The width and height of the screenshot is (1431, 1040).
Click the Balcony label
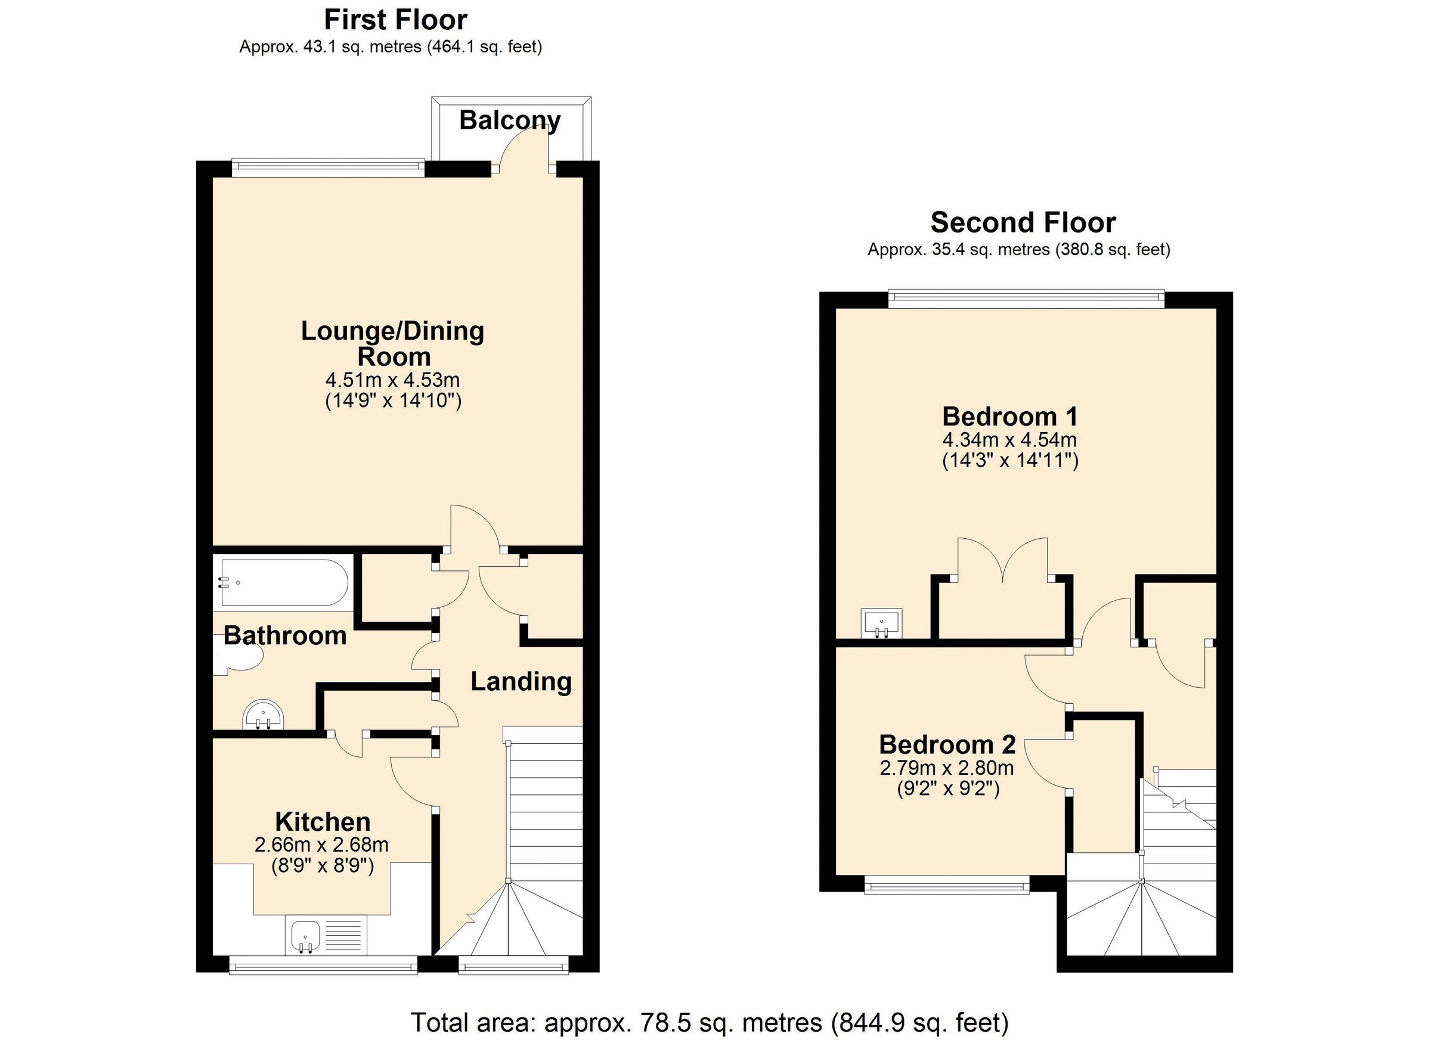[509, 120]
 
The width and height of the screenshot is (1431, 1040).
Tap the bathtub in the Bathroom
[281, 582]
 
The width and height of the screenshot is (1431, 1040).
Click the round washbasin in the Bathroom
[263, 715]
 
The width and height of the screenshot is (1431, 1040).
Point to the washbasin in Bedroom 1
[881, 623]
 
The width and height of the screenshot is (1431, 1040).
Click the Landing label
[521, 682]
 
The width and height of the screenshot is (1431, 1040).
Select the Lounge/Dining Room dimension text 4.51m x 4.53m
[392, 380]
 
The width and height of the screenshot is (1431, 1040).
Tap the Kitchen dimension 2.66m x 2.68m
[321, 845]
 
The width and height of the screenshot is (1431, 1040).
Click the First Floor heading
[395, 20]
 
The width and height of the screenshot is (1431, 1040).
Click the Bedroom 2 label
[946, 744]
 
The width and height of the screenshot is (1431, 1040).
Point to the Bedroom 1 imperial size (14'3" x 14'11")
[1009, 460]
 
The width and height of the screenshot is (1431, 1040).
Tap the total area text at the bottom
[709, 1022]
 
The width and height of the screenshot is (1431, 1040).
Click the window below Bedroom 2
[946, 887]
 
